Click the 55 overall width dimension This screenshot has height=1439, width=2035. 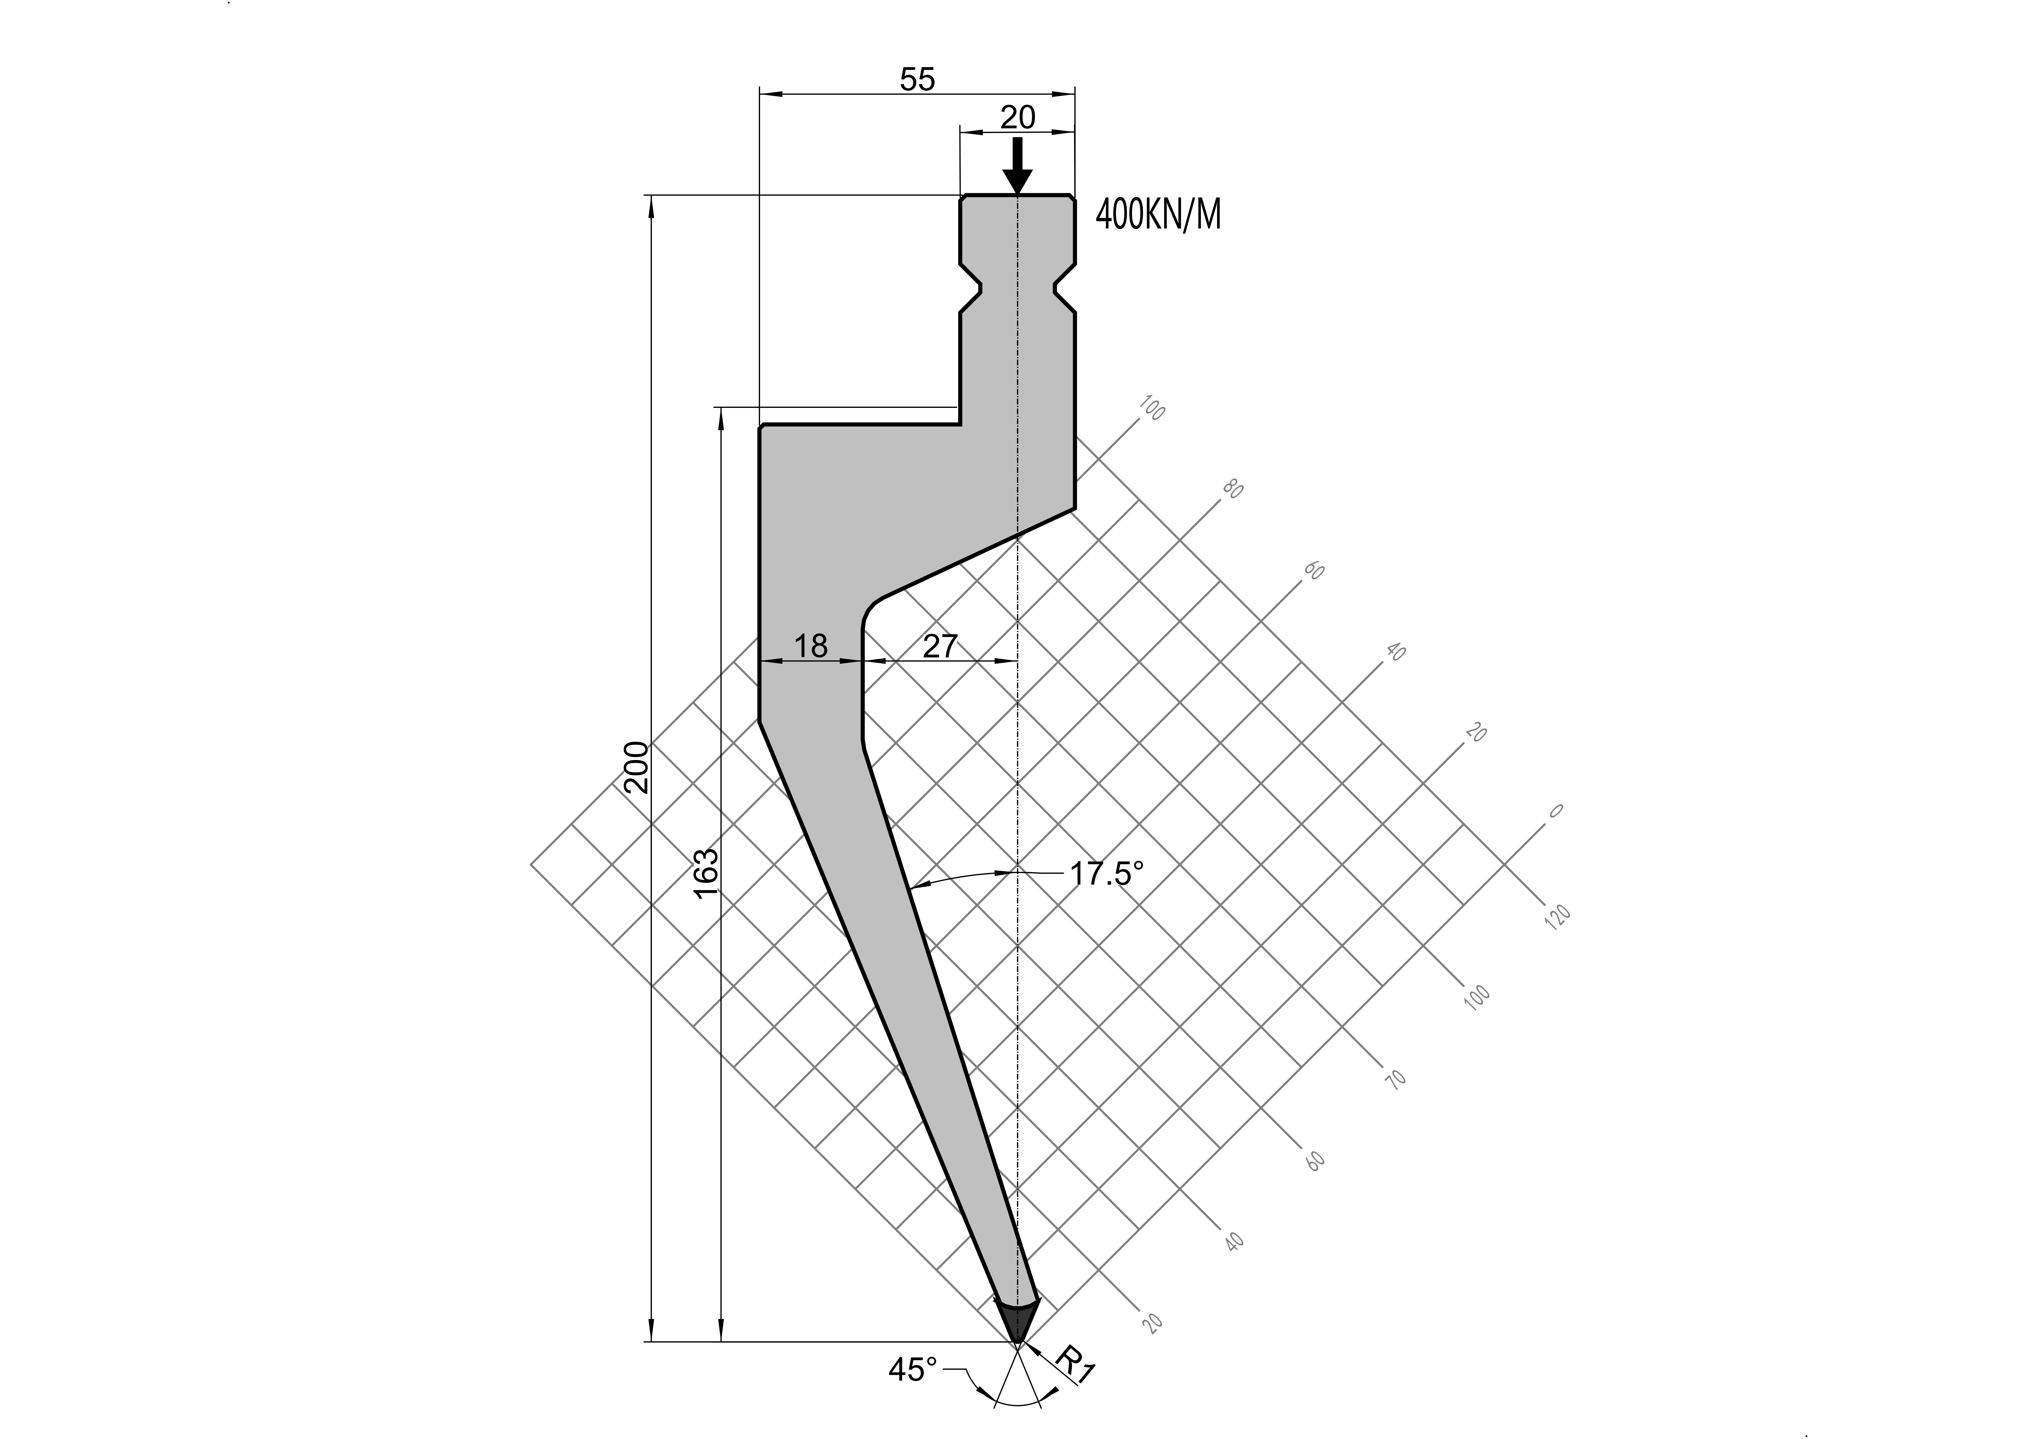917,80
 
